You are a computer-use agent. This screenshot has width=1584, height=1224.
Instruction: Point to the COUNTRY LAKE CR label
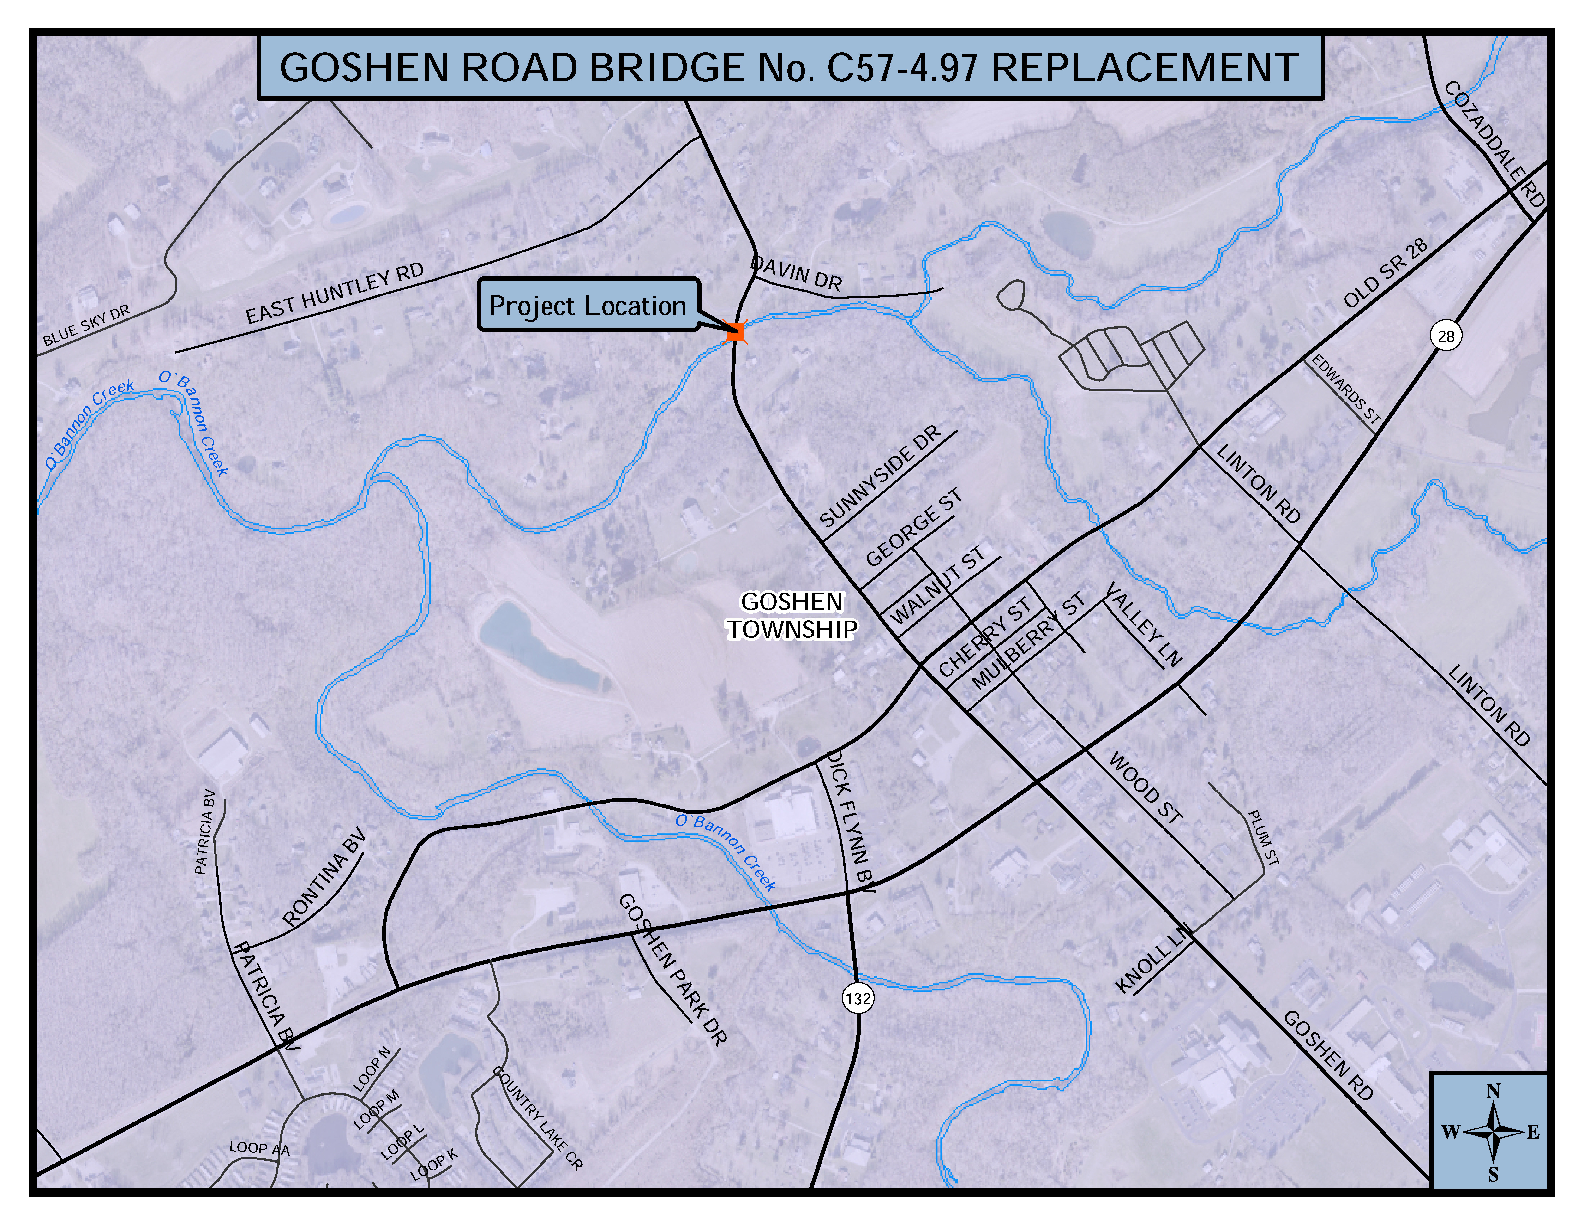point(537,1117)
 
